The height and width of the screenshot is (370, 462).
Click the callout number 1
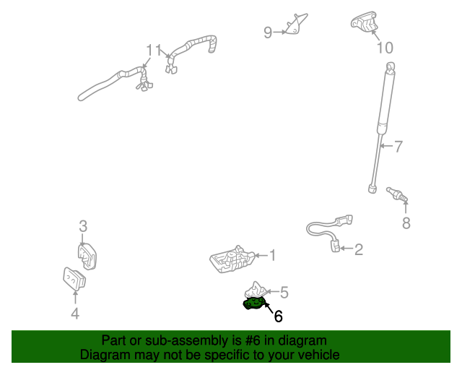(272, 254)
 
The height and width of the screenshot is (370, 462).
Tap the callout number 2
(358, 250)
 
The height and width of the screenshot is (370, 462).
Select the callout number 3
(83, 226)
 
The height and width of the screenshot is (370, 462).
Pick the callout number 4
(75, 313)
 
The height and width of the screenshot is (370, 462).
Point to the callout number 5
(284, 292)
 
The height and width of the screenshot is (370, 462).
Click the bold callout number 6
(278, 316)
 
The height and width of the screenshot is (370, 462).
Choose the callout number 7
(398, 147)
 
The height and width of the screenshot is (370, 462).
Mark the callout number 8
(406, 223)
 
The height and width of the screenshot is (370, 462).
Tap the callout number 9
(268, 32)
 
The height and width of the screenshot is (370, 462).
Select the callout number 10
(385, 48)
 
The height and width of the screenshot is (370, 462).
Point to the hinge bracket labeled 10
(366, 22)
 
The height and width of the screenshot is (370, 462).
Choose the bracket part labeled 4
(74, 278)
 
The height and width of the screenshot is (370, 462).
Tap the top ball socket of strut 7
(391, 67)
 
